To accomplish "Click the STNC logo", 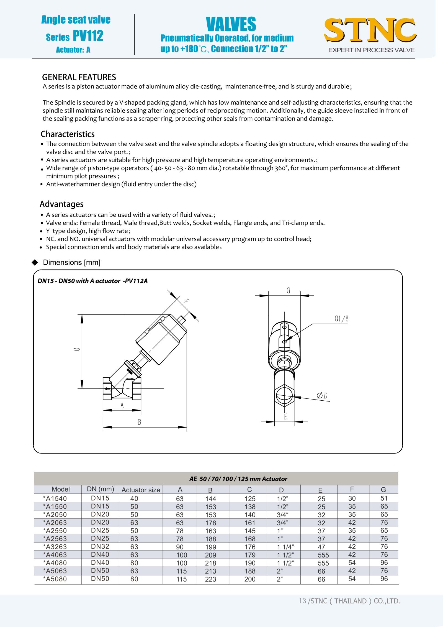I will click(370, 30).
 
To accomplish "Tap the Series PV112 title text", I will click(74, 36).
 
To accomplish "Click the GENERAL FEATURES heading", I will click(79, 77).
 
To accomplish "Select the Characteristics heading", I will click(68, 134).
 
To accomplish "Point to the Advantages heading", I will click(61, 204).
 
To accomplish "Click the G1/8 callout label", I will click(341, 319).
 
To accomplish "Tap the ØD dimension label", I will click(322, 396).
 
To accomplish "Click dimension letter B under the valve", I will click(140, 422).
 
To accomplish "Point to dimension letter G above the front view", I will click(288, 290).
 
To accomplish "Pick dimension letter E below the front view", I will click(285, 416).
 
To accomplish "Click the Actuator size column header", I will click(141, 490).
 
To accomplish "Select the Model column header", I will click(61, 489).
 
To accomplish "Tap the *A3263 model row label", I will click(55, 547).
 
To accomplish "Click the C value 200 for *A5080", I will click(250, 579).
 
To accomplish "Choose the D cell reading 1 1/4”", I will click(285, 547).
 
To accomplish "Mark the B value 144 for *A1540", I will click(210, 499).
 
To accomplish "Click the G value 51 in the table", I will click(384, 498).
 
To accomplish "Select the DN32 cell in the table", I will click(100, 546).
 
